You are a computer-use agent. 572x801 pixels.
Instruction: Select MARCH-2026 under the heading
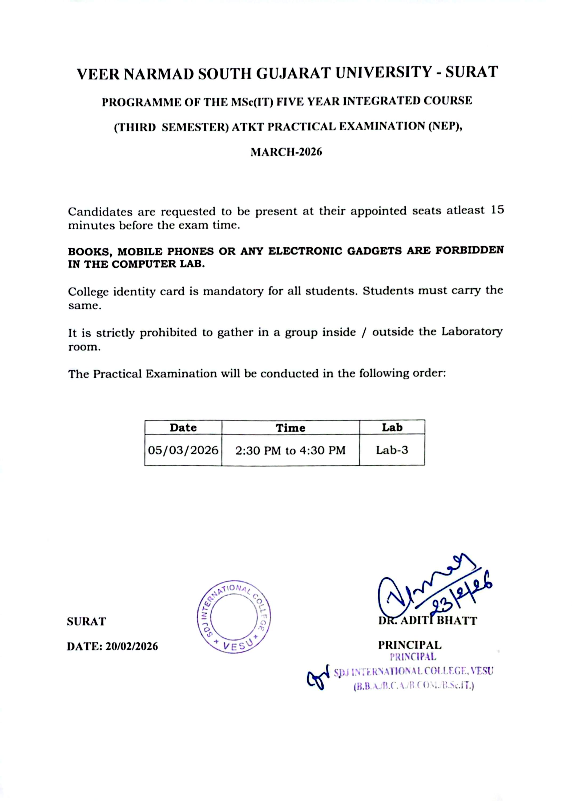click(x=286, y=152)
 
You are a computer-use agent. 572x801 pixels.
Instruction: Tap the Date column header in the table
click(x=183, y=428)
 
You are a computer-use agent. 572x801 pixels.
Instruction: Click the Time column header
click(x=290, y=428)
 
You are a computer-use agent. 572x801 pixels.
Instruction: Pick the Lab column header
click(x=392, y=427)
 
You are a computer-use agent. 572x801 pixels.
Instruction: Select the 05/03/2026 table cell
click(x=183, y=450)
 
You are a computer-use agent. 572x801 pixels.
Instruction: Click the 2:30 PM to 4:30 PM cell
click(x=290, y=450)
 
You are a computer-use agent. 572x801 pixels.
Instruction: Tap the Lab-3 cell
click(x=392, y=450)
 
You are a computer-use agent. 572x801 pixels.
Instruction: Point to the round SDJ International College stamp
click(x=234, y=617)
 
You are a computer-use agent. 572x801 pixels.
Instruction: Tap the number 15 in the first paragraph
click(x=497, y=210)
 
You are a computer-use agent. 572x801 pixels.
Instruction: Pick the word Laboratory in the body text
click(x=472, y=332)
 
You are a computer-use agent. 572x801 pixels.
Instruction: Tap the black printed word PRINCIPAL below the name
click(x=410, y=645)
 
